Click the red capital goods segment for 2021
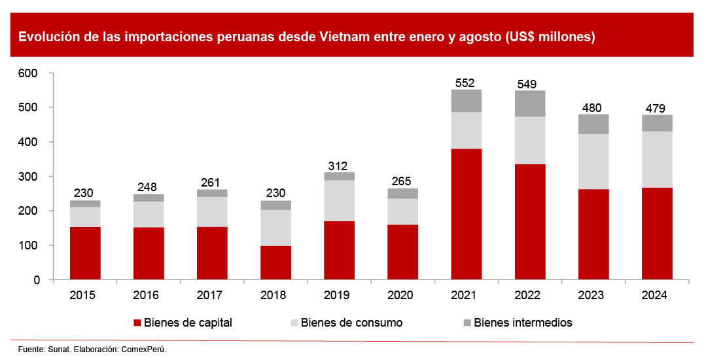466,214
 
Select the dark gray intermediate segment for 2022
529,103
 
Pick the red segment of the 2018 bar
275,262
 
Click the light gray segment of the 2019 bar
339,201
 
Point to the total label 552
466,82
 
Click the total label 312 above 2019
339,166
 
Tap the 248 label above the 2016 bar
149,187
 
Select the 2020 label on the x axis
402,295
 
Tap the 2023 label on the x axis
593,295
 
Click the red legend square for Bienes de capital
137,323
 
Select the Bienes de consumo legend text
351,323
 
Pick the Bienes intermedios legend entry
523,323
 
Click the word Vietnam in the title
344,37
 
